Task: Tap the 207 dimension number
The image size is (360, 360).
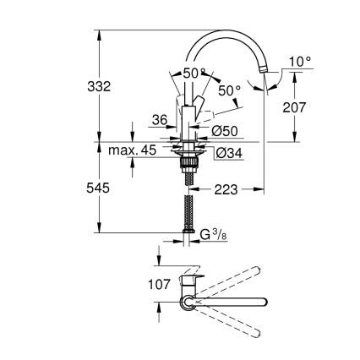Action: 308,106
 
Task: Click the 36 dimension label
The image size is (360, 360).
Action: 159,121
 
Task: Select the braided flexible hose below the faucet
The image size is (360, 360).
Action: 186,211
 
